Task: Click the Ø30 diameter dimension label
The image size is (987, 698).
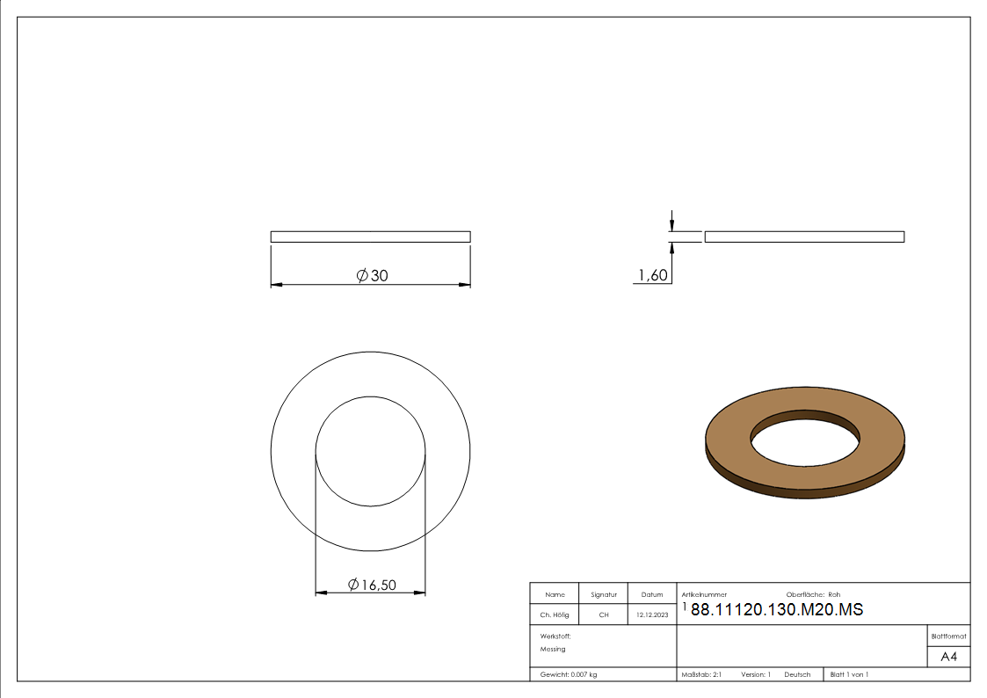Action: pyautogui.click(x=372, y=276)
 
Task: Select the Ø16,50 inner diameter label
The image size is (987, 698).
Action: pyautogui.click(x=372, y=585)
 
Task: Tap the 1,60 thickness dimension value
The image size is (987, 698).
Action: pyautogui.click(x=653, y=275)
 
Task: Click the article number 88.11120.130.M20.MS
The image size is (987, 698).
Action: pyautogui.click(x=777, y=609)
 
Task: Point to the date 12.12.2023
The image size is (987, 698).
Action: pyautogui.click(x=652, y=614)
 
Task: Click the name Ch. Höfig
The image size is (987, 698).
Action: pyautogui.click(x=554, y=614)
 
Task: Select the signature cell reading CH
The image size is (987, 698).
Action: pyautogui.click(x=604, y=614)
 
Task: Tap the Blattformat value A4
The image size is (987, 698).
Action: pyautogui.click(x=948, y=657)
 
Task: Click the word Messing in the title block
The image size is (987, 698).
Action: pyautogui.click(x=553, y=649)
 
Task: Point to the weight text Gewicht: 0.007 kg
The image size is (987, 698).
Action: pyautogui.click(x=569, y=675)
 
